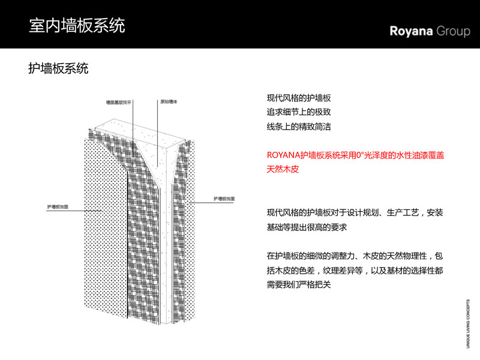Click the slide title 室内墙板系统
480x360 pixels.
[x=77, y=26]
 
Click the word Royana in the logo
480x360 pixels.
[x=411, y=31]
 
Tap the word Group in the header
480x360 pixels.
[x=453, y=31]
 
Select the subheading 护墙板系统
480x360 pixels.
[x=58, y=69]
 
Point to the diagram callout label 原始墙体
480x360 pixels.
[x=169, y=102]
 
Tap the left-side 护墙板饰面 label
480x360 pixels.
[x=58, y=206]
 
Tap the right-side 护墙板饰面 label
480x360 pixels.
[x=225, y=198]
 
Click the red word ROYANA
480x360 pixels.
[x=283, y=155]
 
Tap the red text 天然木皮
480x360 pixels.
[x=283, y=170]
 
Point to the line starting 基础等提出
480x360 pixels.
[x=307, y=227]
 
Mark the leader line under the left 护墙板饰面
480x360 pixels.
[x=66, y=209]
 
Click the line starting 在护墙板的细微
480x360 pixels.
[x=355, y=256]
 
